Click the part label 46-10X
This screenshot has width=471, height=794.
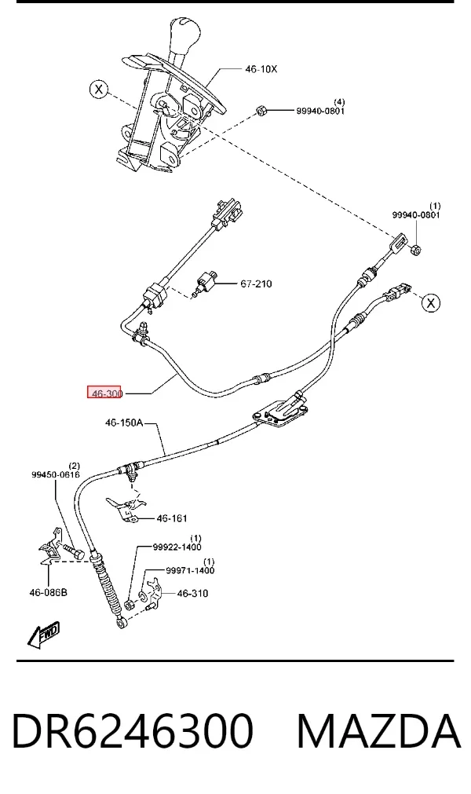(261, 69)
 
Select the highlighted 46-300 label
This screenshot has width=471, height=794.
(104, 393)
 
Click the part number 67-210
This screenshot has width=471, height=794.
(256, 284)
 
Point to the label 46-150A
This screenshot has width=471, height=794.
(124, 423)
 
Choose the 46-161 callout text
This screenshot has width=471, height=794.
(172, 518)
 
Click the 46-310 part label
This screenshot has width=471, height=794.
(192, 593)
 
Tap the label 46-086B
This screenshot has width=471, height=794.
(48, 591)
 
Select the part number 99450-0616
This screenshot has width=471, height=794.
(56, 474)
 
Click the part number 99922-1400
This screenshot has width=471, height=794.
(177, 547)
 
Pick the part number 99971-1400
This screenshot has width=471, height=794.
(190, 571)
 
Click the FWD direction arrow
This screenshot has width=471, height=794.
(43, 634)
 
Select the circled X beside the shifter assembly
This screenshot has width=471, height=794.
(99, 90)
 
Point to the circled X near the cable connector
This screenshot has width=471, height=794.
(430, 303)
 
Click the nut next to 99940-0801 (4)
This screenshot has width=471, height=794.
(261, 110)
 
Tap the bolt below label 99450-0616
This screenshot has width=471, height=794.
(74, 551)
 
